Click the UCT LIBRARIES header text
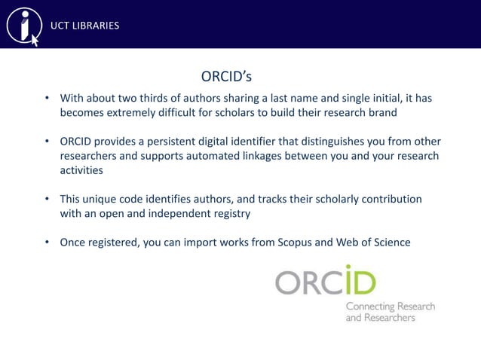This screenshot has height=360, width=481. [x=84, y=26]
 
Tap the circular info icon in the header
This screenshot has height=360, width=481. [x=23, y=25]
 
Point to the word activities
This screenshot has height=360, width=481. [x=81, y=170]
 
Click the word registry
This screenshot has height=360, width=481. [x=225, y=213]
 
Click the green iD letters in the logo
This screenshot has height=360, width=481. [x=357, y=282]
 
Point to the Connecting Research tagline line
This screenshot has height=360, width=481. [x=390, y=307]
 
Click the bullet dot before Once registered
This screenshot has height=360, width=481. [x=47, y=242]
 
